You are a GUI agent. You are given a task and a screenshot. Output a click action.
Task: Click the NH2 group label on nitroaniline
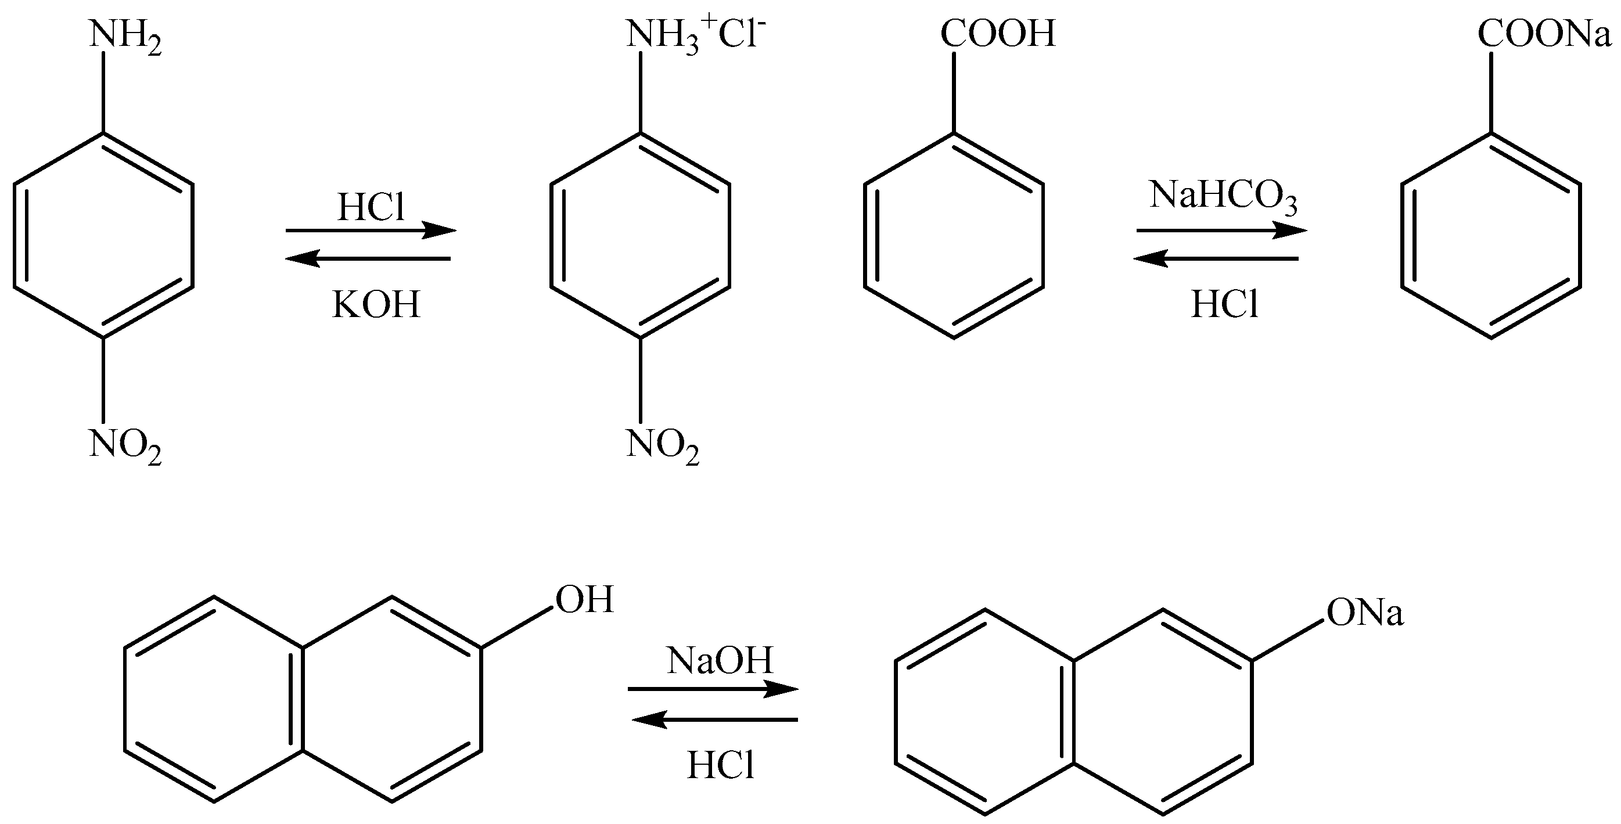click(x=125, y=37)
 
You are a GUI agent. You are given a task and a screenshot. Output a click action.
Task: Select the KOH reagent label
click(x=376, y=305)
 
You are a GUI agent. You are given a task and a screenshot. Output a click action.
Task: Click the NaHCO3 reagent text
click(x=1223, y=195)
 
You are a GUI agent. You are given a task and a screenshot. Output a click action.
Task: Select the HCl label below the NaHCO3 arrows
click(x=1224, y=305)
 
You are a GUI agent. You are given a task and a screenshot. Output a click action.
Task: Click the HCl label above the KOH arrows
click(x=371, y=207)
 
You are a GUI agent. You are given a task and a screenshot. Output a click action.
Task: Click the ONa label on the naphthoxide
click(x=1365, y=613)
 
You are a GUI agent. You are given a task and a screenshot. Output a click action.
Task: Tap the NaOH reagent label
click(x=719, y=661)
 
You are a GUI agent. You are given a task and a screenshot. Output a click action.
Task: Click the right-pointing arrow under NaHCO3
click(x=1221, y=231)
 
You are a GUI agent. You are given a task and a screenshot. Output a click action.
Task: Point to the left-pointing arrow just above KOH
click(x=369, y=258)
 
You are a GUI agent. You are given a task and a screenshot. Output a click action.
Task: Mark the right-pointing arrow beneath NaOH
click(x=713, y=689)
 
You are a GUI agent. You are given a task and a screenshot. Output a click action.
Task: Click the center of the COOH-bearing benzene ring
click(x=953, y=236)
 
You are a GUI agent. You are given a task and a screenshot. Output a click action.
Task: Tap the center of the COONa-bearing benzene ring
click(x=1491, y=236)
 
